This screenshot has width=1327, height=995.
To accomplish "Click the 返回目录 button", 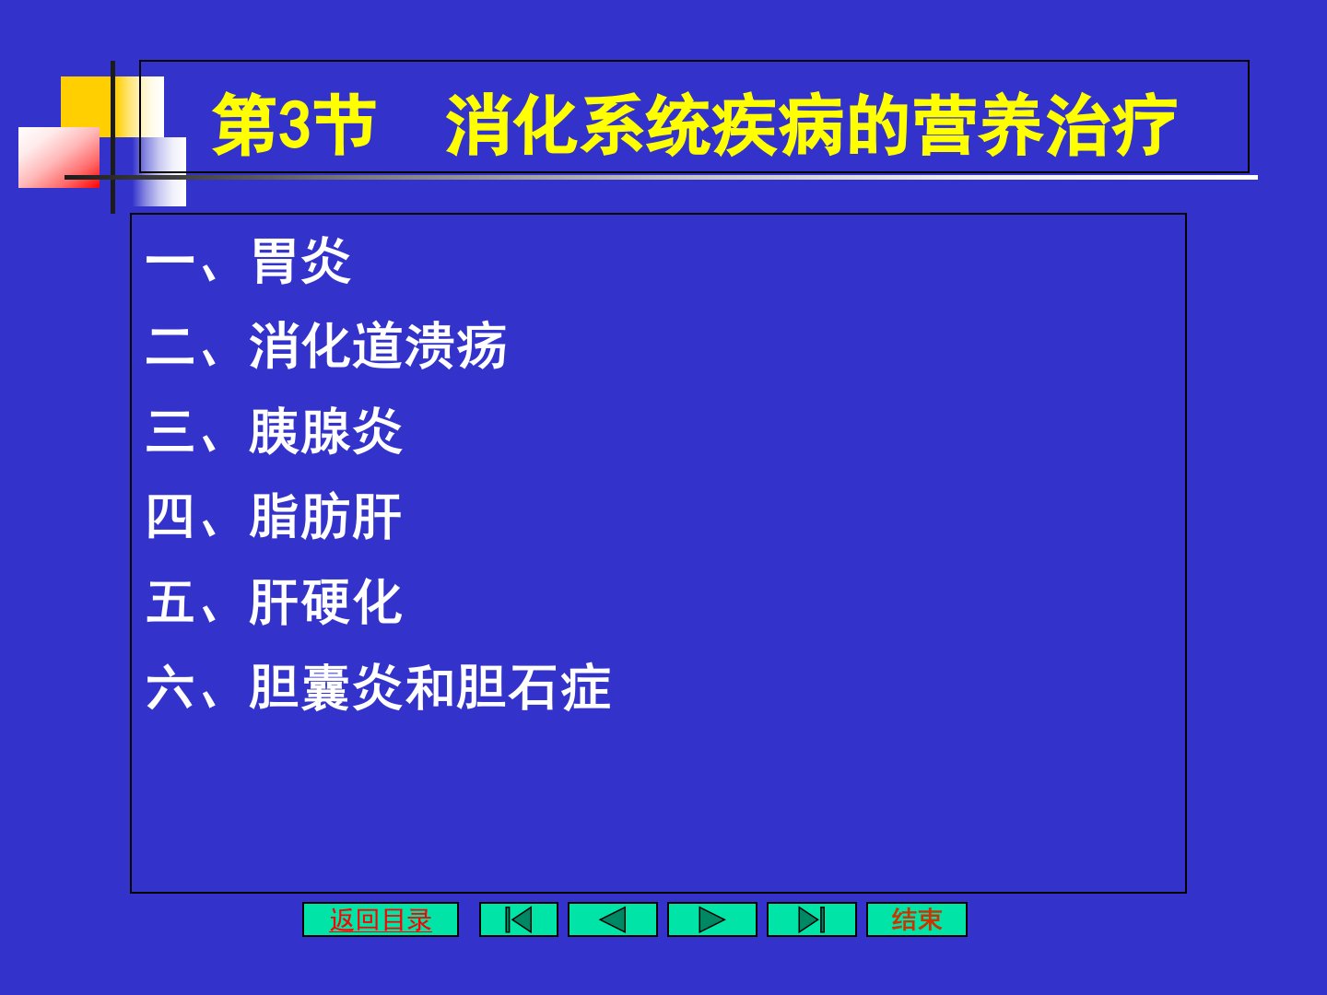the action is [x=381, y=919].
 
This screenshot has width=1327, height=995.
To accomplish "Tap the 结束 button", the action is [x=917, y=919].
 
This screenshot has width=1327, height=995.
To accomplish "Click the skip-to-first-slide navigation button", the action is [x=518, y=919].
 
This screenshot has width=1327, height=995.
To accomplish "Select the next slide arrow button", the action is [x=711, y=919].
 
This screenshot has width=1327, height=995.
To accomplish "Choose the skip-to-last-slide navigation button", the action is [x=811, y=919].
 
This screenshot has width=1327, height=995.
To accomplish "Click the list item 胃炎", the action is [x=301, y=261].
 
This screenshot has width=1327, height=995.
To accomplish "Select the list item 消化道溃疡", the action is [x=378, y=345].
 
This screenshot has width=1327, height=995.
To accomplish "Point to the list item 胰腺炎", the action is [x=326, y=431].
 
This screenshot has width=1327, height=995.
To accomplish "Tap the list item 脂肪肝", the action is [x=325, y=517].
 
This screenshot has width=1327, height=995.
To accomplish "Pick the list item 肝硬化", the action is [x=325, y=602].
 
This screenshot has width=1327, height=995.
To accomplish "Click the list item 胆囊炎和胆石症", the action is [x=429, y=687].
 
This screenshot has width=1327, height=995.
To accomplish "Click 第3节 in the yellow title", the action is [x=294, y=124].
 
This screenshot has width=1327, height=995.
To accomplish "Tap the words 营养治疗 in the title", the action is [x=1047, y=124].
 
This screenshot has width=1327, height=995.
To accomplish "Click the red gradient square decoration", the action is [x=59, y=157].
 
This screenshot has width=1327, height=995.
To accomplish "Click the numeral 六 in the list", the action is [x=170, y=687].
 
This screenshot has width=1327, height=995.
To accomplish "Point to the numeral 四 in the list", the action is [x=170, y=517].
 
